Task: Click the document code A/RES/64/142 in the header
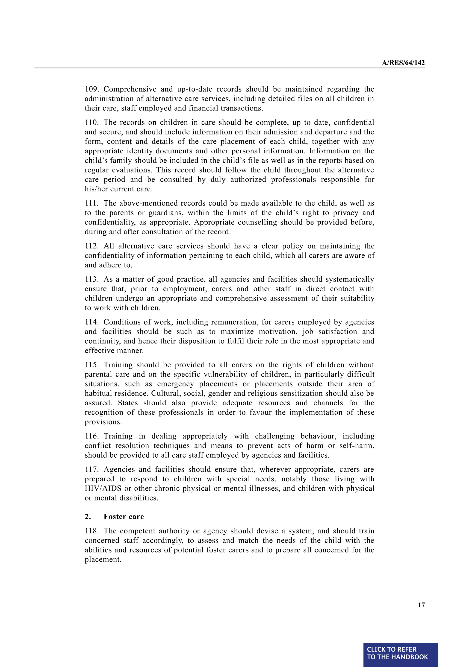tap(403, 63)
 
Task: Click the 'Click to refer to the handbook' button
tap(401, 654)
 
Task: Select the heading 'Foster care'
tap(124, 517)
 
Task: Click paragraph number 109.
tap(91, 89)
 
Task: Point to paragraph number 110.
tap(91, 122)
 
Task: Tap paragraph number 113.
tap(91, 279)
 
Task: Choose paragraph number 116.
tap(91, 436)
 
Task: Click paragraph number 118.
tap(91, 531)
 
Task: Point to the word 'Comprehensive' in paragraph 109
tap(130, 89)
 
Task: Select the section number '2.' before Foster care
tap(88, 517)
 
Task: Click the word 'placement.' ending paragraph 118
tap(103, 559)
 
